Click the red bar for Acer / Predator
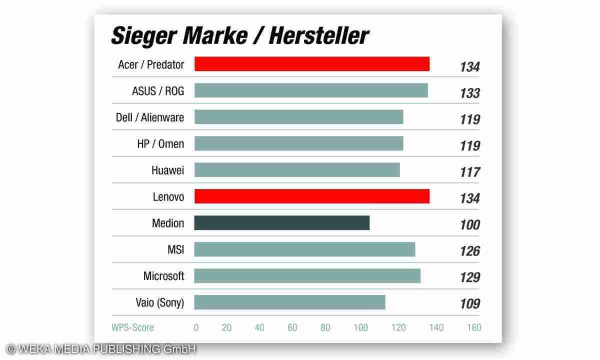pos(311,64)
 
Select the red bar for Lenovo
pos(311,196)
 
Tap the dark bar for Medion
pos(281,223)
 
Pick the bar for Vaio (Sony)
pos(289,302)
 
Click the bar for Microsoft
pos(307,276)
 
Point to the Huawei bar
pos(297,170)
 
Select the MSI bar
pos(304,249)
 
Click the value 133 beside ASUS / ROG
pos(469,93)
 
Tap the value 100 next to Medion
pos(469,225)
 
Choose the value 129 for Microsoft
pos(469,277)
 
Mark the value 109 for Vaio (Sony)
pos(469,304)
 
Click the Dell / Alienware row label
pos(150,117)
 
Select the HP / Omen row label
pos(160,144)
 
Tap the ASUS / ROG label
pos(158,91)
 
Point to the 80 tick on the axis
pos(325,328)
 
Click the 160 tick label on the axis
pos(473,328)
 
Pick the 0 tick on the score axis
pos(196,328)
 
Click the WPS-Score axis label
pos(132,328)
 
